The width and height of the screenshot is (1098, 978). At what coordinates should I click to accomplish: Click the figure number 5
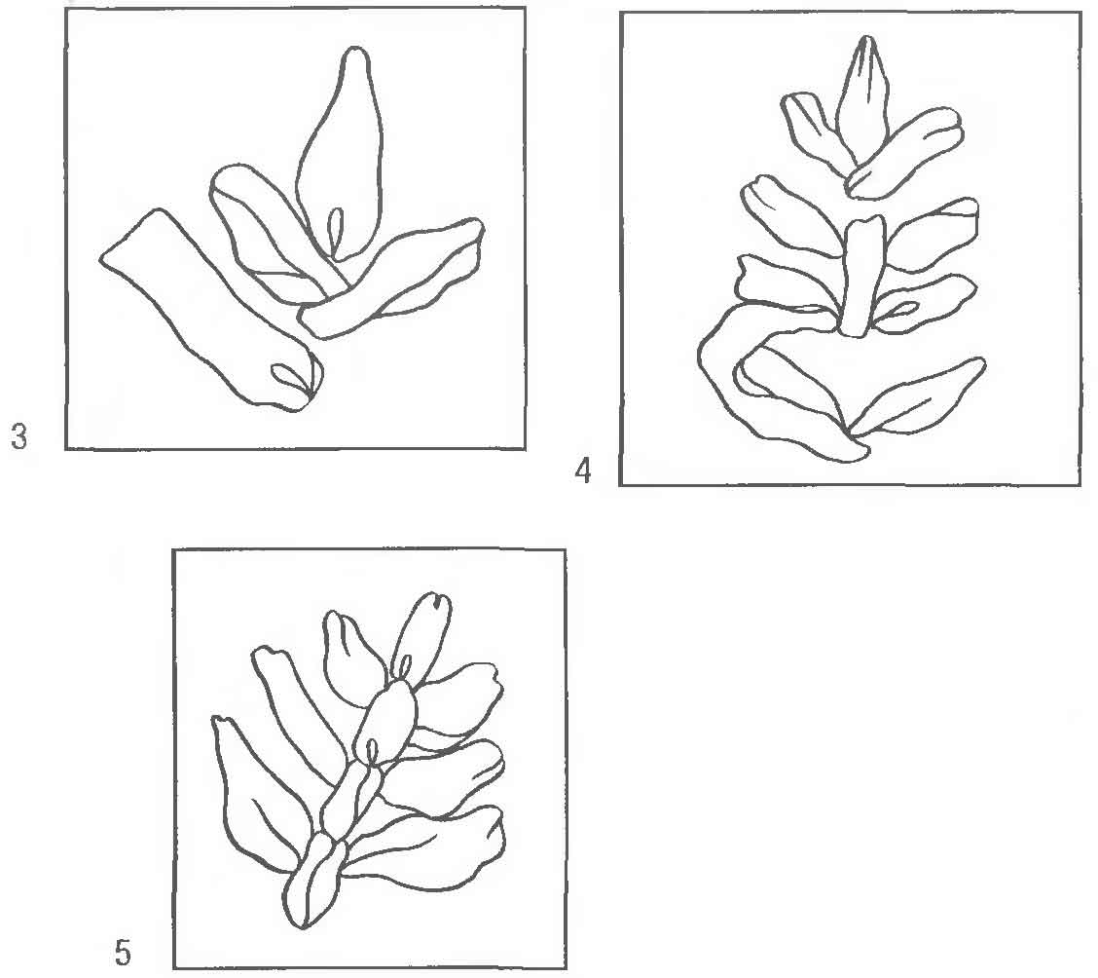click(x=123, y=953)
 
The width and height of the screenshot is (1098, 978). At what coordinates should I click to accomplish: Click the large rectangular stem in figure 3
click(x=210, y=308)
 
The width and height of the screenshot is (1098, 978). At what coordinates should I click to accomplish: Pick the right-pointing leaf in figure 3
click(x=392, y=277)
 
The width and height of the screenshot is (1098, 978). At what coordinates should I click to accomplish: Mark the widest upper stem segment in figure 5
click(x=386, y=722)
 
